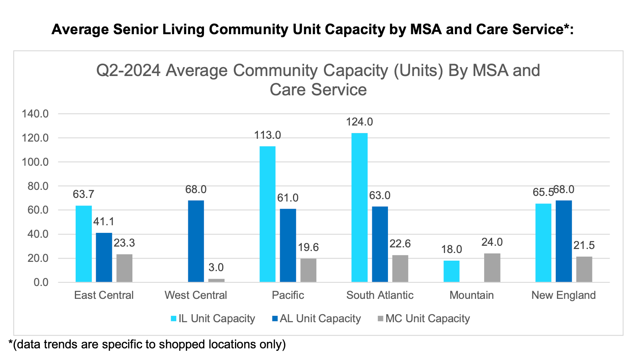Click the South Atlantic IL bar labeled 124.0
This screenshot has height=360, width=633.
359,207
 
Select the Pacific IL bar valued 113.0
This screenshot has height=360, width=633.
267,214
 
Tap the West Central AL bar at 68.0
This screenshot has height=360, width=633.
196,241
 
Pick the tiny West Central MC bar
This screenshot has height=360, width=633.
216,280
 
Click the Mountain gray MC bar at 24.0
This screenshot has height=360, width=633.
492,267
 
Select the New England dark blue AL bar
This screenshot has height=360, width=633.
563,241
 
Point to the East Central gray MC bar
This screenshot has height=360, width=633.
124,268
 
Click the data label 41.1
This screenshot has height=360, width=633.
104,222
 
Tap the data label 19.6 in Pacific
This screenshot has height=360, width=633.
308,247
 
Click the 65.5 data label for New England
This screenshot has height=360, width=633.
543,192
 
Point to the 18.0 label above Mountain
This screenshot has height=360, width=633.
452,249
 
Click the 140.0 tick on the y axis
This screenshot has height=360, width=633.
35,114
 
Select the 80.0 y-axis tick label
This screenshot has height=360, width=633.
37,186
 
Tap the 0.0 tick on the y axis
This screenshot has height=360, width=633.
41,282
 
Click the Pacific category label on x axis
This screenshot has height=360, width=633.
288,295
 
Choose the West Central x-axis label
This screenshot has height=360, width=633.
196,295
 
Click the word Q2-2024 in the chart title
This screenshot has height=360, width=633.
128,71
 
